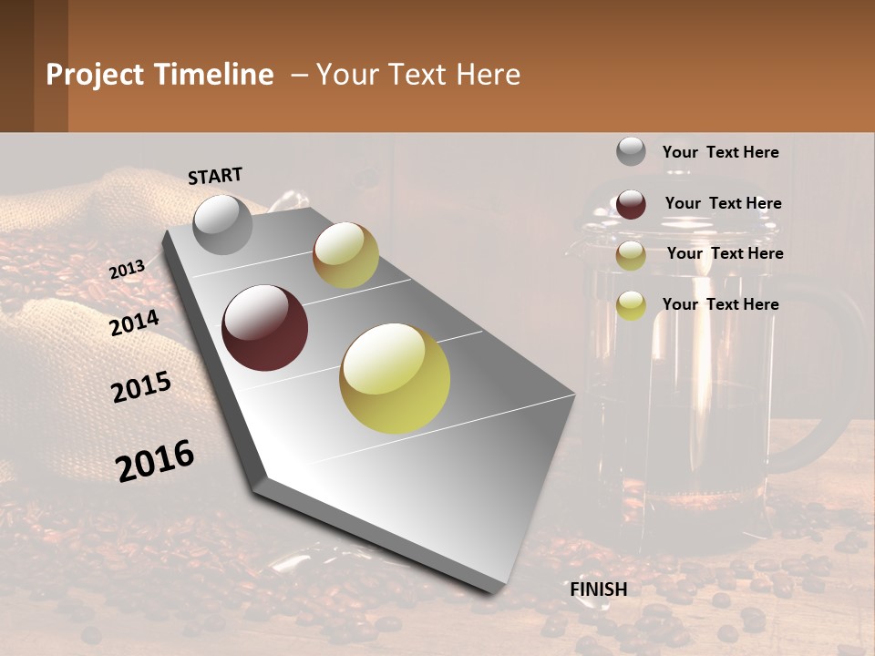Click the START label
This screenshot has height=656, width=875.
pos(215,176)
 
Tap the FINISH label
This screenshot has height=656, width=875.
pos(598,589)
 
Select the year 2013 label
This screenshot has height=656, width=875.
pos(128,269)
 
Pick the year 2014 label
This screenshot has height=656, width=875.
pos(135,323)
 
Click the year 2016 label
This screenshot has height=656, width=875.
pos(155,461)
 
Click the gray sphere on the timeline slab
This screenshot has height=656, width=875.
pos(222,224)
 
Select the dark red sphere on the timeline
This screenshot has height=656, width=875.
pos(265,328)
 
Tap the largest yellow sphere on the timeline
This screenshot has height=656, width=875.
pos(395,378)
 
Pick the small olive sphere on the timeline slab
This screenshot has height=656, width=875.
pos(345,255)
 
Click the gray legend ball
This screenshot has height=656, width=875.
pos(631,152)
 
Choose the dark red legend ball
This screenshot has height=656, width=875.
pos(631,204)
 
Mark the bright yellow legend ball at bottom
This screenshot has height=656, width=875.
pos(631,305)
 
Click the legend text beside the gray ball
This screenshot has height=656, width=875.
pos(720,153)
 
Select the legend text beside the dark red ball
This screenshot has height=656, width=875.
pos(723,203)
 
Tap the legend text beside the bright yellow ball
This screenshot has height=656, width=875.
pos(720,304)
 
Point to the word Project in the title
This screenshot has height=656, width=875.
pos(95,75)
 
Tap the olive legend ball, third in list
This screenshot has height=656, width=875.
pos(631,255)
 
